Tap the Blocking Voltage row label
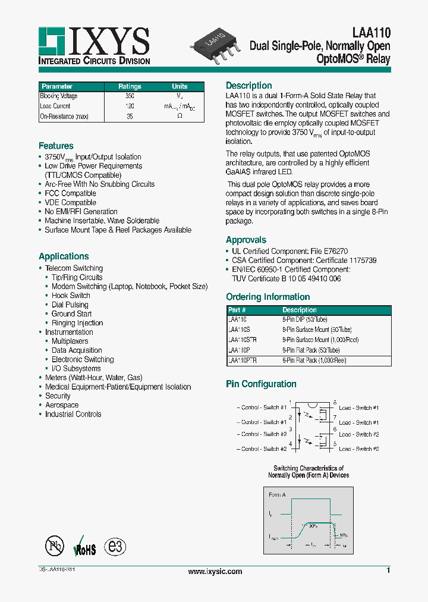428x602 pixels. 59,96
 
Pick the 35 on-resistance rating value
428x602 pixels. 130,117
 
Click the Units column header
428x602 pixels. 180,86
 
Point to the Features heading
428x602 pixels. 56,146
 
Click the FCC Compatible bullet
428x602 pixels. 70,193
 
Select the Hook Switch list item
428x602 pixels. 71,296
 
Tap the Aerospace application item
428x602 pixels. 62,405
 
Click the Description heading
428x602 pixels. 248,86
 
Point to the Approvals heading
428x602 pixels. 246,240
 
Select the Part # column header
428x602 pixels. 237,310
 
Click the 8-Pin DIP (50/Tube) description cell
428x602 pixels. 304,319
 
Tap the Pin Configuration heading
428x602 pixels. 261,384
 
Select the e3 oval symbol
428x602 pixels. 115,547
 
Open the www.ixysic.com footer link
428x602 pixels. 215,572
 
